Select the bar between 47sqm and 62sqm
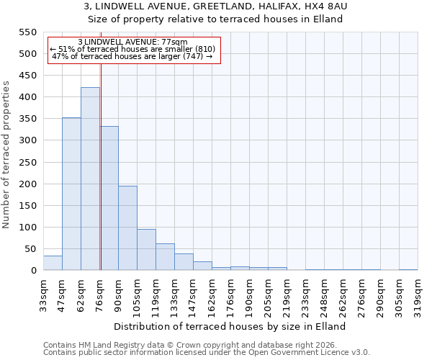pos(71,194)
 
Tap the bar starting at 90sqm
pos(127,228)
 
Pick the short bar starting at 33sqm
pos(53,263)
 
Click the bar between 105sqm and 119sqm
pos(146,250)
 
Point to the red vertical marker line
pos(101,166)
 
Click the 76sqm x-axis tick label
pos(100,292)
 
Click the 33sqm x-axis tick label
pos(43,292)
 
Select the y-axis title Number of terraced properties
pos(6,155)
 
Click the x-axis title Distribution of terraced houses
pos(230,326)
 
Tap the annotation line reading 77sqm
pos(132,42)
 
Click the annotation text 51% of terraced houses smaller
pos(132,49)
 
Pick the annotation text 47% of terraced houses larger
pos(132,56)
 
